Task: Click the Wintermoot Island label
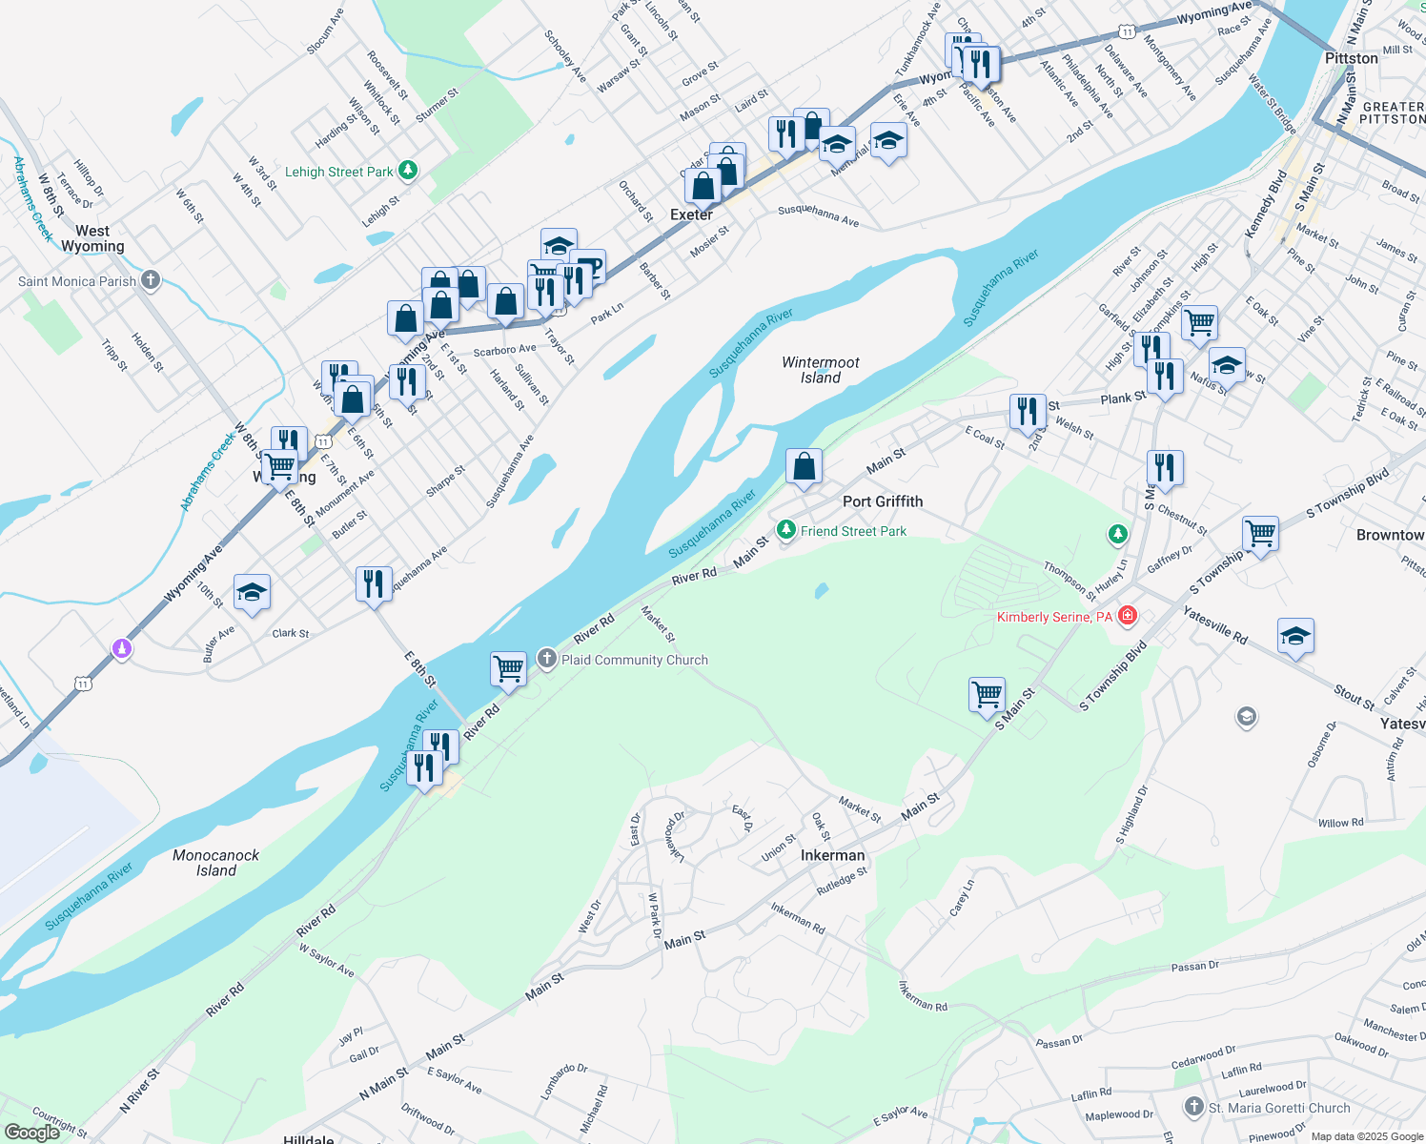pos(821,370)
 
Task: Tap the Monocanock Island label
pos(216,863)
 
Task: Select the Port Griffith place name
pos(883,501)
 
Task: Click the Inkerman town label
pos(832,855)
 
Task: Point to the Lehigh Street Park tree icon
pos(408,171)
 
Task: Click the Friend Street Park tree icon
pos(785,530)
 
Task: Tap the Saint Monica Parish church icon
pos(151,280)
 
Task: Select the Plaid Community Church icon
pos(547,659)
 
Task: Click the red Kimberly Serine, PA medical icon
pos(1128,616)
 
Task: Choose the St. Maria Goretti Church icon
pos(1194,1107)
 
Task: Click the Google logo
pos(31,1133)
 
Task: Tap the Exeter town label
pos(691,214)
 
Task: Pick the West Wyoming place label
pos(92,238)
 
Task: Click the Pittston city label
pos(1352,58)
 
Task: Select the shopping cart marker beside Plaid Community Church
pos(509,668)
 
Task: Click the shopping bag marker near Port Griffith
pos(804,466)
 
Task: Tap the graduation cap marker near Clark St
pos(252,592)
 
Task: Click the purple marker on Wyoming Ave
pos(121,648)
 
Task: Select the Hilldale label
pos(309,1138)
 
